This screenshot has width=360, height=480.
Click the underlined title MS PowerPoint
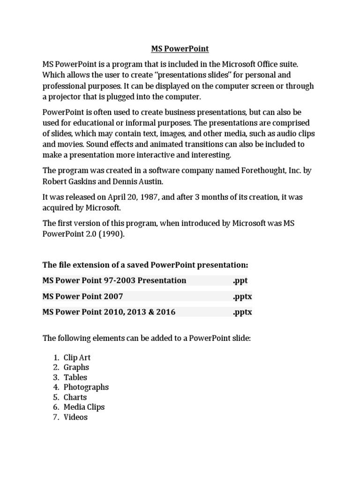point(180,49)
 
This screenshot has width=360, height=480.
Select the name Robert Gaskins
point(71,182)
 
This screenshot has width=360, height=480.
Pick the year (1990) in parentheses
point(111,234)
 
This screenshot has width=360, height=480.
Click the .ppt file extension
point(240,280)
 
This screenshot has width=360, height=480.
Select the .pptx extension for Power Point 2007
point(242,296)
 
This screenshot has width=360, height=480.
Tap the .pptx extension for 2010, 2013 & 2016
point(242,312)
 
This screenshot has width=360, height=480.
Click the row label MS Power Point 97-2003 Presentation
point(114,280)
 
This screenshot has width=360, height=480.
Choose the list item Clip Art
point(77,358)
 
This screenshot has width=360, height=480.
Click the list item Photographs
point(86,387)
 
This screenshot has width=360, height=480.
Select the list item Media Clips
point(84,407)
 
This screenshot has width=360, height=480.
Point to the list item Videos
point(75,417)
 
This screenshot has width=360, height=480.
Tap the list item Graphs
point(76,367)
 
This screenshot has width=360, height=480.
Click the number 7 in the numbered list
point(55,417)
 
